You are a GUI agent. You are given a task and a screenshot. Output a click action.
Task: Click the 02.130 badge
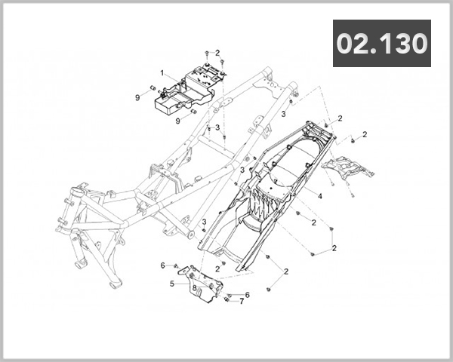tap(381, 44)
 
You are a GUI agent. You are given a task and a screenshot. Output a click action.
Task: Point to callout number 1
tap(162, 73)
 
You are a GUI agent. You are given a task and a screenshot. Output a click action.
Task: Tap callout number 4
tap(320, 196)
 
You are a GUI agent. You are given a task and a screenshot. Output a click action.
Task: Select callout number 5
tap(172, 284)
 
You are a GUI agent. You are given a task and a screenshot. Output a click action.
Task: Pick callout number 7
tap(241, 301)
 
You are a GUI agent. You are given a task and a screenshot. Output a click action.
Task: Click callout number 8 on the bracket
tap(194, 287)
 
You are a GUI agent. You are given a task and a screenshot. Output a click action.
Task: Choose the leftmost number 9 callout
tap(137, 97)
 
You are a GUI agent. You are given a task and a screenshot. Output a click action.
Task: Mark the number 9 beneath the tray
tap(178, 120)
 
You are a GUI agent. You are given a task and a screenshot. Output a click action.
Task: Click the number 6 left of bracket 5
tap(162, 265)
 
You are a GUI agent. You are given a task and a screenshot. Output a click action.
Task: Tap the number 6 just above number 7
tap(246, 294)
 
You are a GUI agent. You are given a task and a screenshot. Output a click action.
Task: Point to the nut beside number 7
tap(226, 300)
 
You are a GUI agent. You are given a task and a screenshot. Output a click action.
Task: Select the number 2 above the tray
tap(217, 53)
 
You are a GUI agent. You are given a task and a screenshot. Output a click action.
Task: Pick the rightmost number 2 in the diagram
tap(365, 134)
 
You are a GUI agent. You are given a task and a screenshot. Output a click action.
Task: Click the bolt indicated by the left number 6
tap(176, 266)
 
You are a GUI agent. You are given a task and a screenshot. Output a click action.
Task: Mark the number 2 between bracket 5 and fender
tap(217, 268)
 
